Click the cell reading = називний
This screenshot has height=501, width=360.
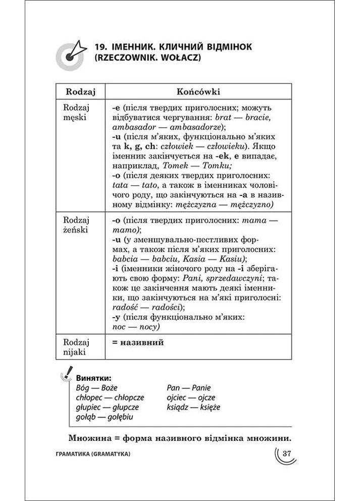click(x=138, y=342)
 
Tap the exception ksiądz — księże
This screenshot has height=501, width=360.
click(x=193, y=407)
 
